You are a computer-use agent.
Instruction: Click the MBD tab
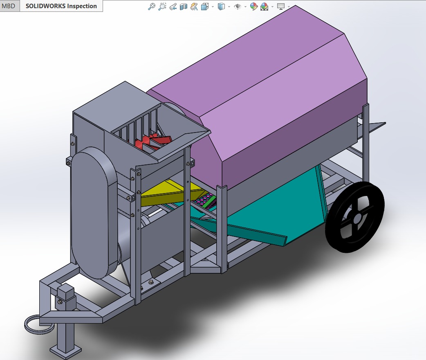click(x=9, y=6)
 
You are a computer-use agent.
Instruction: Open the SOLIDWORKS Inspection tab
click(x=61, y=6)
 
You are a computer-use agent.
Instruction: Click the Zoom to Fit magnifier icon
click(x=152, y=7)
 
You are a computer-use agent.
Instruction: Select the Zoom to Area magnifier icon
click(x=162, y=7)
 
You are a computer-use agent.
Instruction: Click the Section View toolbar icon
click(x=184, y=7)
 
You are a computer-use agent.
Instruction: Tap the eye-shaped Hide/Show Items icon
click(x=238, y=7)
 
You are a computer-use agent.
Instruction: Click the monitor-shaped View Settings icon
click(x=281, y=7)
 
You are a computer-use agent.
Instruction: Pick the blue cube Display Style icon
click(x=221, y=7)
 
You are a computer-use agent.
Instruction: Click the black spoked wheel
click(x=339, y=233)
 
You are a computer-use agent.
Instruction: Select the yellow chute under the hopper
click(x=164, y=195)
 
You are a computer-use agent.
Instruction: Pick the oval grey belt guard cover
click(x=92, y=213)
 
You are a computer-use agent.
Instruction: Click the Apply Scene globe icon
click(x=265, y=7)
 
